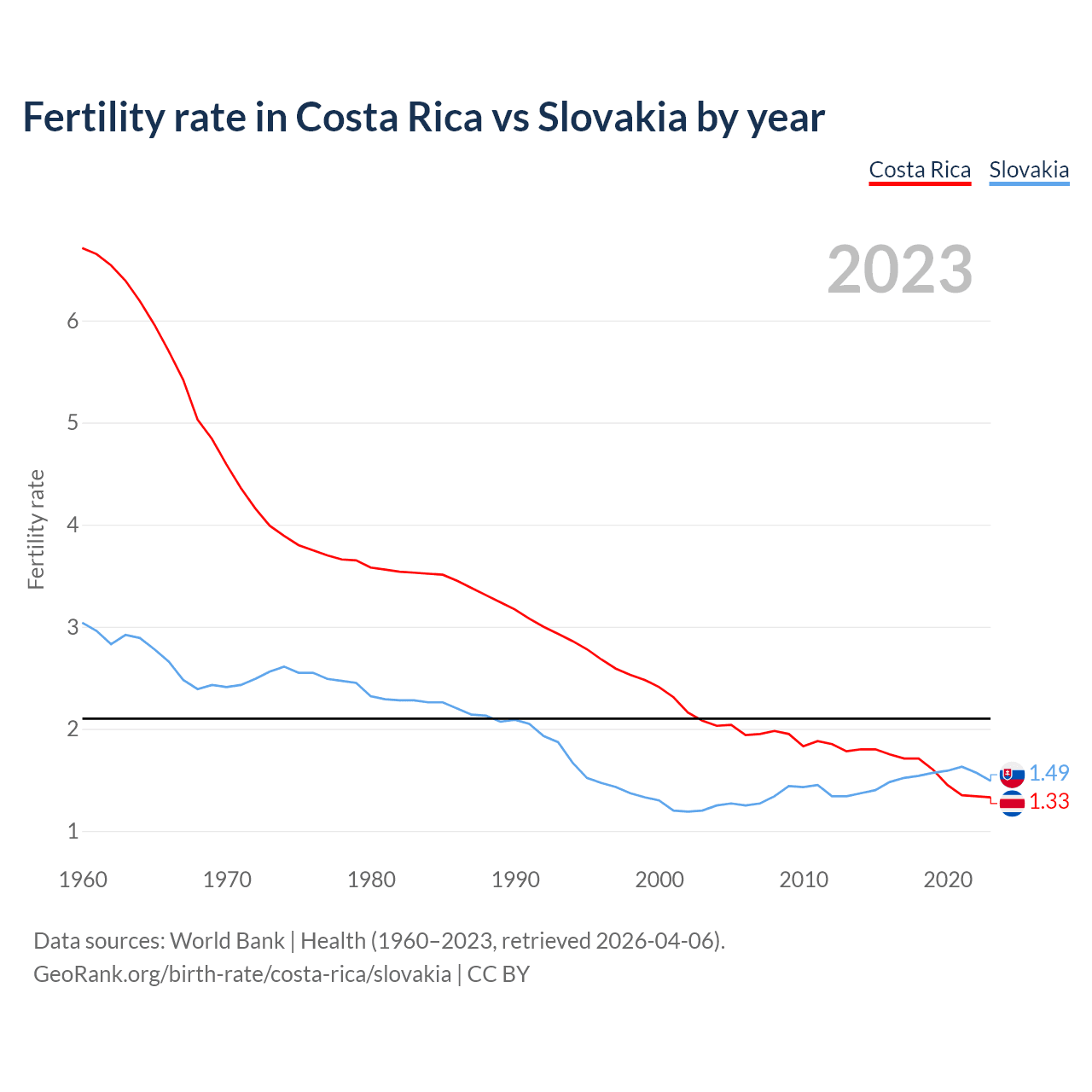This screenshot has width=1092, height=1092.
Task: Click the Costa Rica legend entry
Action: (x=920, y=170)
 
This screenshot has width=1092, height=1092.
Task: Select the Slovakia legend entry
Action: (x=1029, y=170)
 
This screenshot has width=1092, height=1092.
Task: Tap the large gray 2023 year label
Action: (x=900, y=270)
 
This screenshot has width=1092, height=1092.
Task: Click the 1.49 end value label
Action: (x=1048, y=773)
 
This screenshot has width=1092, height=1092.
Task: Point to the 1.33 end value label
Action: (x=1048, y=801)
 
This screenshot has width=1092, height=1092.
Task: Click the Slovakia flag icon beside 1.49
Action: (x=1012, y=775)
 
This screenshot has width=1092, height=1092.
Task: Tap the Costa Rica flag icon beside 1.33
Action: (x=1012, y=803)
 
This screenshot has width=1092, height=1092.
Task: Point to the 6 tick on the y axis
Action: (x=73, y=321)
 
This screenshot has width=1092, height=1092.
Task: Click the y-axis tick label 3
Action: (x=73, y=627)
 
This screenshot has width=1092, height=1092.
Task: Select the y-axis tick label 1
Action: (x=73, y=831)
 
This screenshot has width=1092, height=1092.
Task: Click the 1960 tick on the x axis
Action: (x=83, y=880)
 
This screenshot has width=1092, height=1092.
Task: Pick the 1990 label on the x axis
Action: (x=515, y=880)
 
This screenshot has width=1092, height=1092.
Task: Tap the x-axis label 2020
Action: (x=948, y=880)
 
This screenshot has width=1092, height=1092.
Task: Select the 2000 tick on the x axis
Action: (x=659, y=880)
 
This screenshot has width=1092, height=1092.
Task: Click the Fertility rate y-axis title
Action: (x=36, y=529)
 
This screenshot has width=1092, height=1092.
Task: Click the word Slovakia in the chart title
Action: (x=612, y=117)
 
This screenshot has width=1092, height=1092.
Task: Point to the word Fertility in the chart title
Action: (x=92, y=117)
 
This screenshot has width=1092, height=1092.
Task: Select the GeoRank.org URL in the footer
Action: (x=242, y=974)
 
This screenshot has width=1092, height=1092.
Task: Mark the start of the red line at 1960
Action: (x=83, y=248)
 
